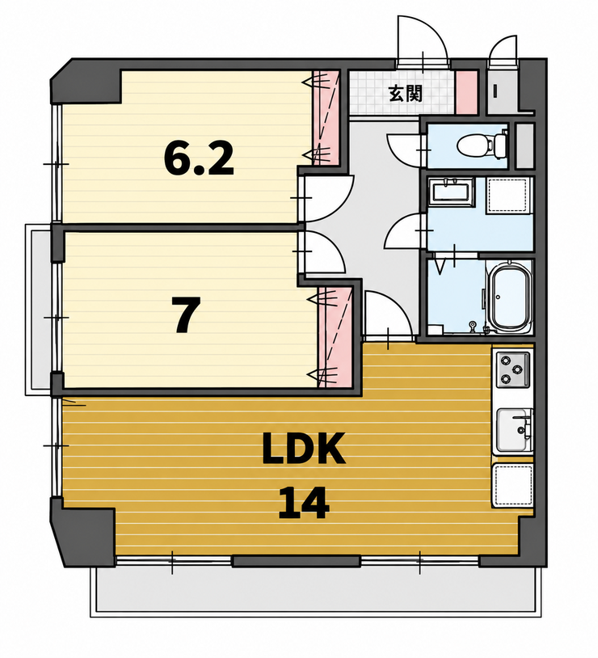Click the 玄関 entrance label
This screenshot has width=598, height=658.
(405, 93)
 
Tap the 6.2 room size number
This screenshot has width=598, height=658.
(198, 158)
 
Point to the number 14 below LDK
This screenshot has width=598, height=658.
(303, 502)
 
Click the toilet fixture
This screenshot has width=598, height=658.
(482, 146)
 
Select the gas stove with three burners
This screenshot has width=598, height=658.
(514, 369)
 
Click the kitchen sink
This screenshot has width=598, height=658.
(515, 430)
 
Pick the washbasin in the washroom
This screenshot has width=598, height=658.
(453, 192)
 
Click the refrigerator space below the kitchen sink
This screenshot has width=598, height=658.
(512, 486)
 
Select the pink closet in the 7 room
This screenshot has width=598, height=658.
(335, 337)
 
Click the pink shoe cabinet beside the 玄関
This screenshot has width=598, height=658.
(466, 92)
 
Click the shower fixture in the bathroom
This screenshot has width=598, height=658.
(473, 327)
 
